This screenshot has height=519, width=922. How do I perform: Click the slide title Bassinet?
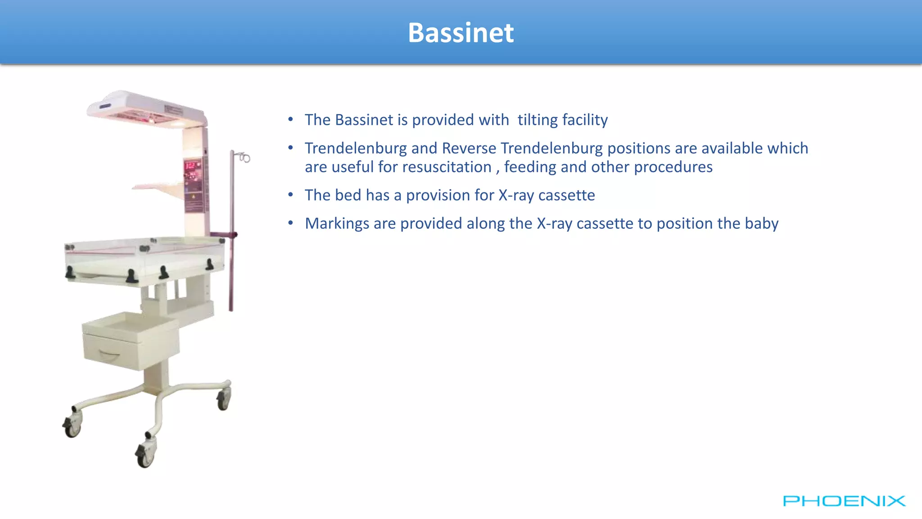pos(461,33)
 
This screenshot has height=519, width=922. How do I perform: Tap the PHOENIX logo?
pos(844,501)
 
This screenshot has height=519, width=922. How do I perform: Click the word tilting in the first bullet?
pos(538,120)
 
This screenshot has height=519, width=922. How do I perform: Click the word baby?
pos(761,223)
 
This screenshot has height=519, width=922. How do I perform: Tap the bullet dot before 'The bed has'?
pos(291,195)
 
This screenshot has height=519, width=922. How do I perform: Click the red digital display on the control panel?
pos(191,166)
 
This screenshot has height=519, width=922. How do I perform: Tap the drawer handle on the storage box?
pos(109,355)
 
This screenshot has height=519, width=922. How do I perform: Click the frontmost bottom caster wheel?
pos(145,456)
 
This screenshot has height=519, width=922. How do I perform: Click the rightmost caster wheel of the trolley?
pos(224,399)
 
